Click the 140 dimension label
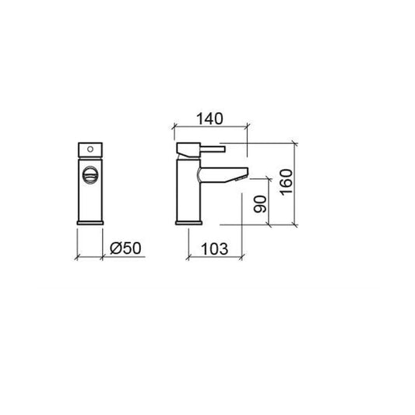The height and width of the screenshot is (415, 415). click(x=209, y=119)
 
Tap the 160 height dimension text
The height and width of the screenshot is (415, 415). click(x=287, y=182)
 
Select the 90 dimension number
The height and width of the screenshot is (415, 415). click(x=260, y=204)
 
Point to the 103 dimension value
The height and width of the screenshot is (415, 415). click(x=215, y=249)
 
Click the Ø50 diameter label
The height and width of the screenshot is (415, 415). click(x=125, y=248)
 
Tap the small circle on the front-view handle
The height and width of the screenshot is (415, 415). click(x=90, y=149)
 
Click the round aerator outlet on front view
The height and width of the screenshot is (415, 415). click(x=90, y=174)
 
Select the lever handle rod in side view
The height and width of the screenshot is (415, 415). click(x=213, y=149)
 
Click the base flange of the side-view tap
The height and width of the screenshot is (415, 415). click(x=188, y=223)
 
